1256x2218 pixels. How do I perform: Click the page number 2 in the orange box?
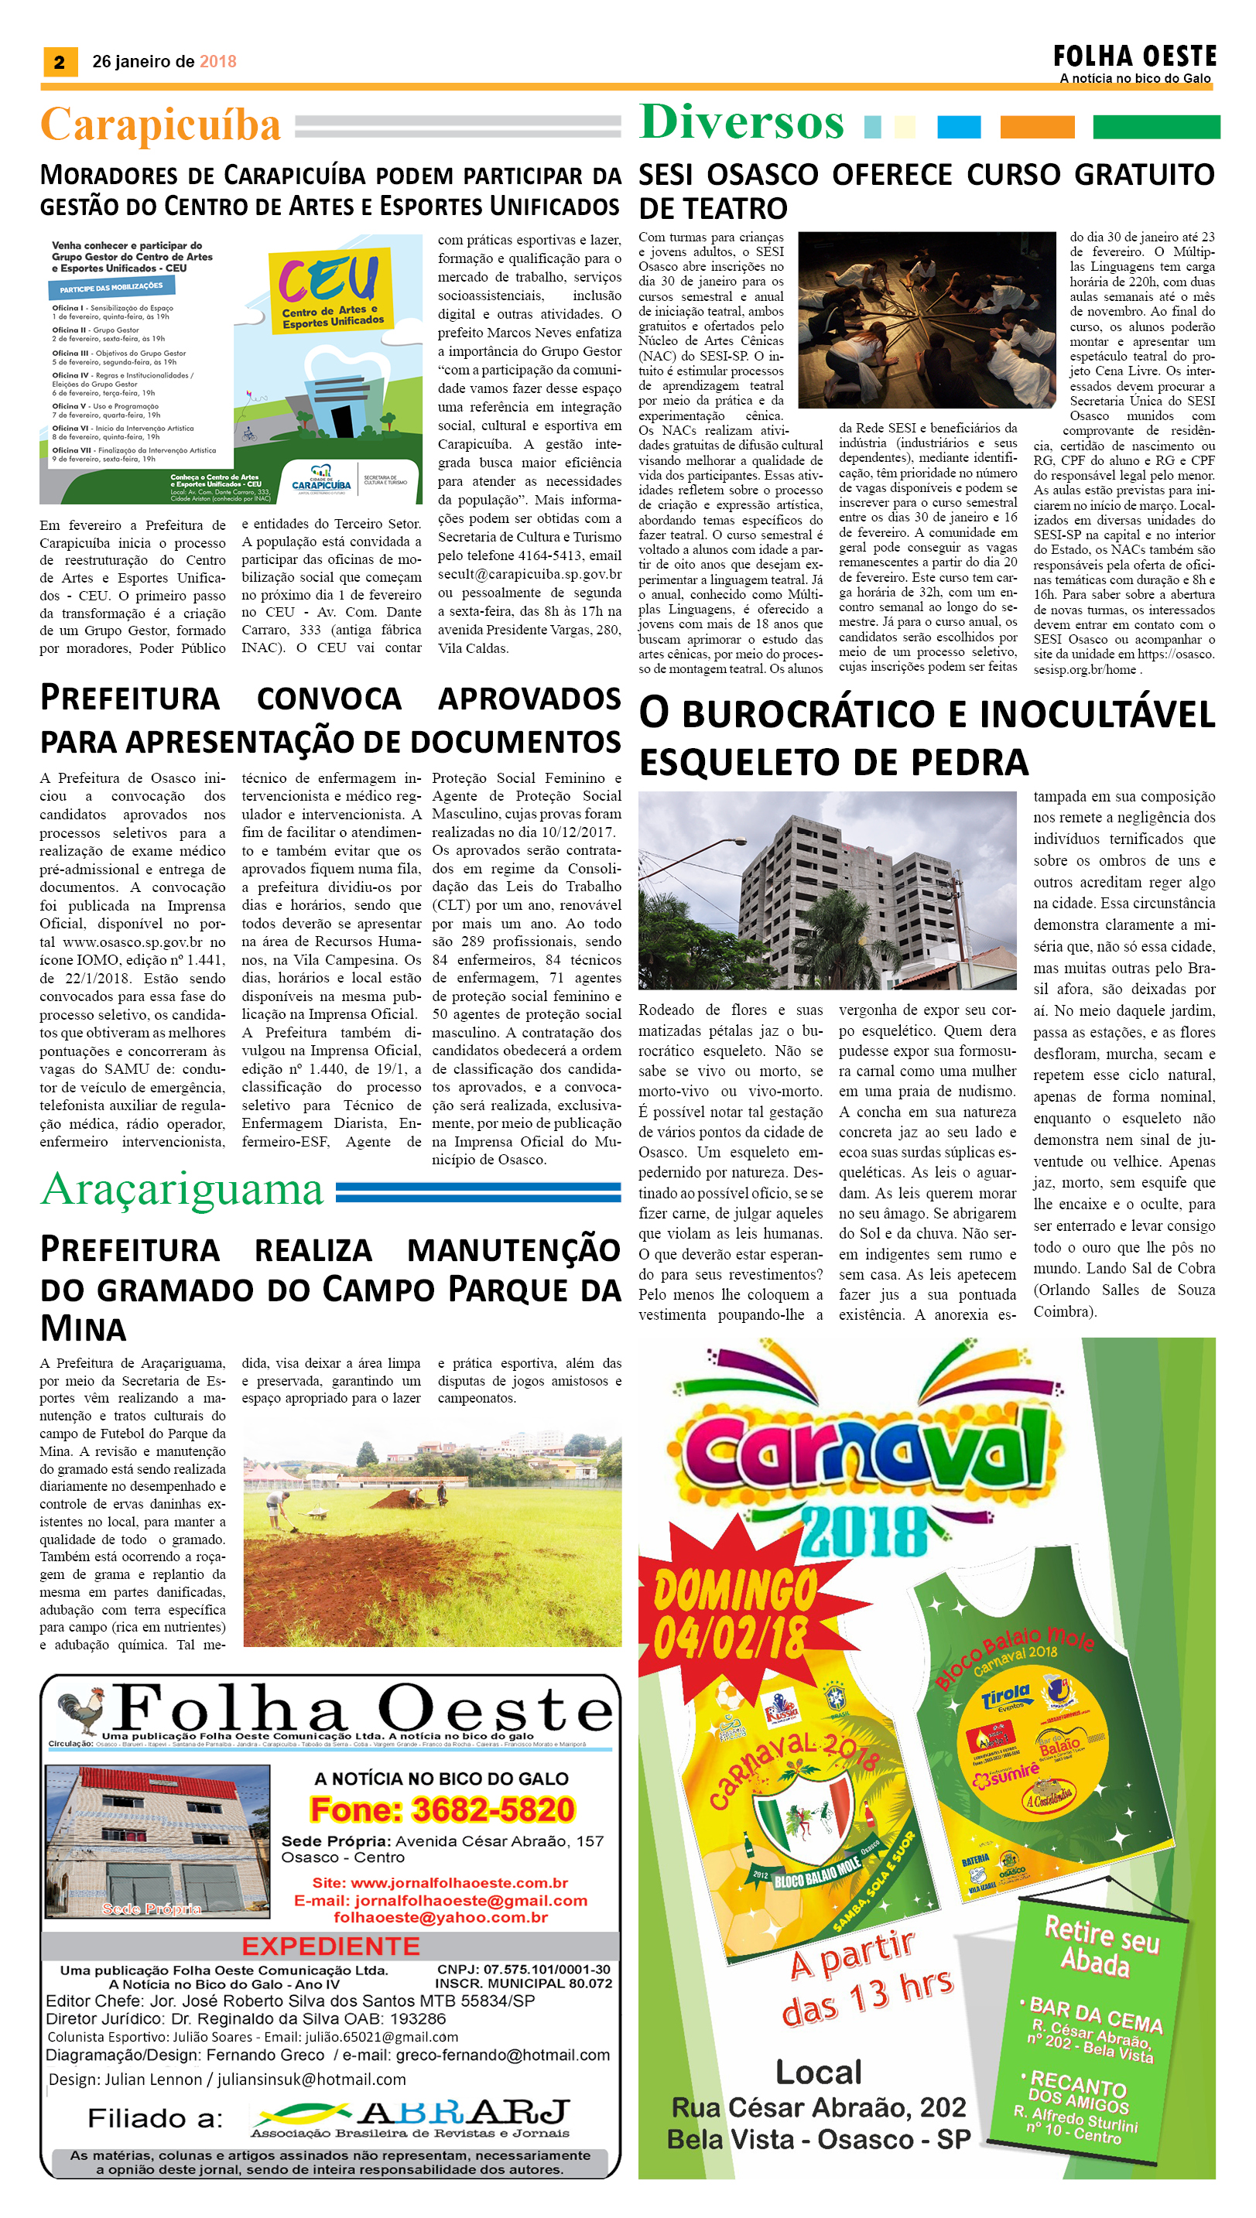[x=60, y=62]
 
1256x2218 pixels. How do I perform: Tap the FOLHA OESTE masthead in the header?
[x=1134, y=57]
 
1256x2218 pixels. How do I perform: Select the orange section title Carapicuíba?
[x=160, y=125]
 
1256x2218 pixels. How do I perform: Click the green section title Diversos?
[x=742, y=121]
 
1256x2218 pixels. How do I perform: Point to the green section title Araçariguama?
[x=182, y=1190]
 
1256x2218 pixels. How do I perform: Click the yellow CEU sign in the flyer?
[x=330, y=288]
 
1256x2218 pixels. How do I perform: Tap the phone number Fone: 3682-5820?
[x=442, y=1810]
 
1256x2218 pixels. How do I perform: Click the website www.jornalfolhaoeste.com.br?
[x=440, y=1882]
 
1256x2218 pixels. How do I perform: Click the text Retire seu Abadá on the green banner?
[x=1100, y=1946]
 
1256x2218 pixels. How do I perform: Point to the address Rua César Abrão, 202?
[x=820, y=2107]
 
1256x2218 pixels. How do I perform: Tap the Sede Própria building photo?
[x=156, y=1841]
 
